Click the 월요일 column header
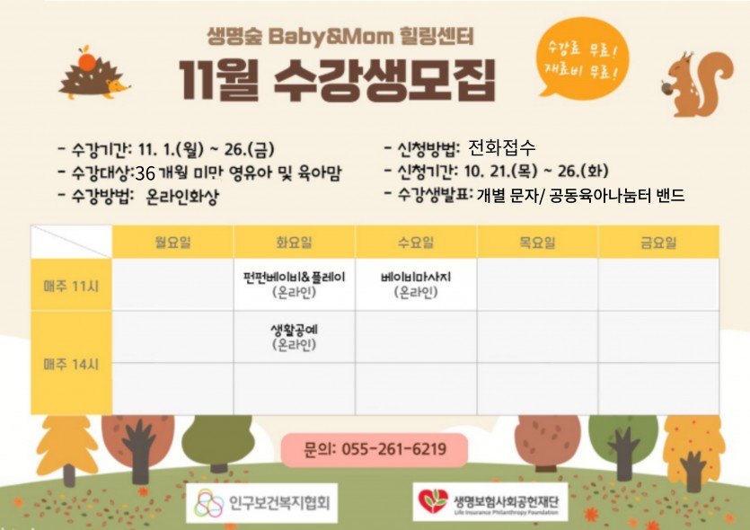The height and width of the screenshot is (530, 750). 172,243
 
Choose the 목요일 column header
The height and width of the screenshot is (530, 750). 537,243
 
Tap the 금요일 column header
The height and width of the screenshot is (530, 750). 658,243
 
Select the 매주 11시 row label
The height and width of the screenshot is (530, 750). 71,286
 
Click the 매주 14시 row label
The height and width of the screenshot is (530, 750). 71,364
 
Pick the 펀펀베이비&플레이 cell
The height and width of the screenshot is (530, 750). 295,284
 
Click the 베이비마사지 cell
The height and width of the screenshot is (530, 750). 416,284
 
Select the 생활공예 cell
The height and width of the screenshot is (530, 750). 295,337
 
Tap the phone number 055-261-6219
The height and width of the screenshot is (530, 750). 394,449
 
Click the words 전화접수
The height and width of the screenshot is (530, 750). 501,147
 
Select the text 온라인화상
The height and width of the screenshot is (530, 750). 182,196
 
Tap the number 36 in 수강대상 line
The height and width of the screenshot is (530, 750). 145,173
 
